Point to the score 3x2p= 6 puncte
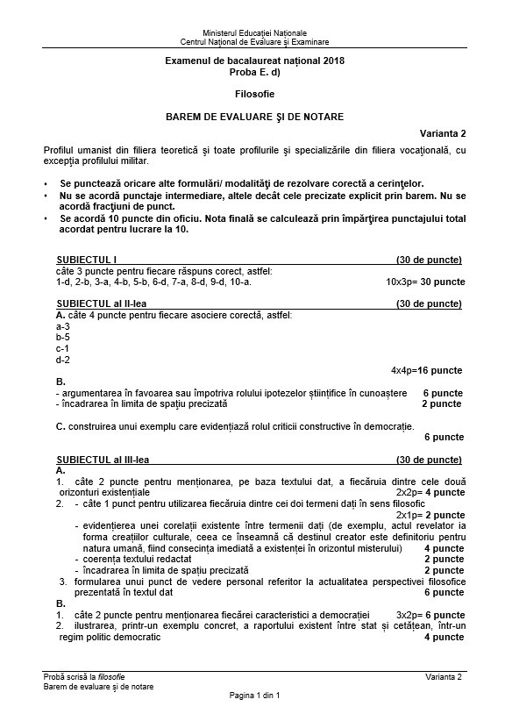(x=430, y=616)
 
